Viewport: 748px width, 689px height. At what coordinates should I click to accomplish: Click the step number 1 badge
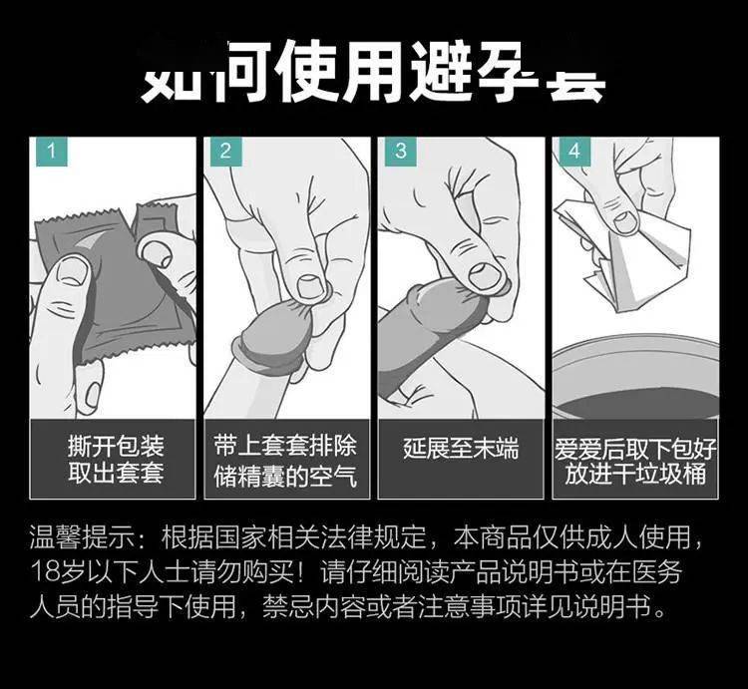coord(51,153)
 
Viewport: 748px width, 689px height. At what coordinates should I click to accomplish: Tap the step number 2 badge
coord(225,153)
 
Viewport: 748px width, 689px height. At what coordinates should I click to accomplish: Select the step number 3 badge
coord(401,153)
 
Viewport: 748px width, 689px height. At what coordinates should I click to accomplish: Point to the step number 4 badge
coord(573,153)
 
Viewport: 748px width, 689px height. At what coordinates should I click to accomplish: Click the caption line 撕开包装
coord(115,444)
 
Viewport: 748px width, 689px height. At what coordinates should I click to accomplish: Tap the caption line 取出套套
coord(115,473)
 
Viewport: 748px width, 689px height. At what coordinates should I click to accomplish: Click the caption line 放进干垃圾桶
coord(634,473)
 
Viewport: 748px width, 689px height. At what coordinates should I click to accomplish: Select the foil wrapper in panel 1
coord(110,289)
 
